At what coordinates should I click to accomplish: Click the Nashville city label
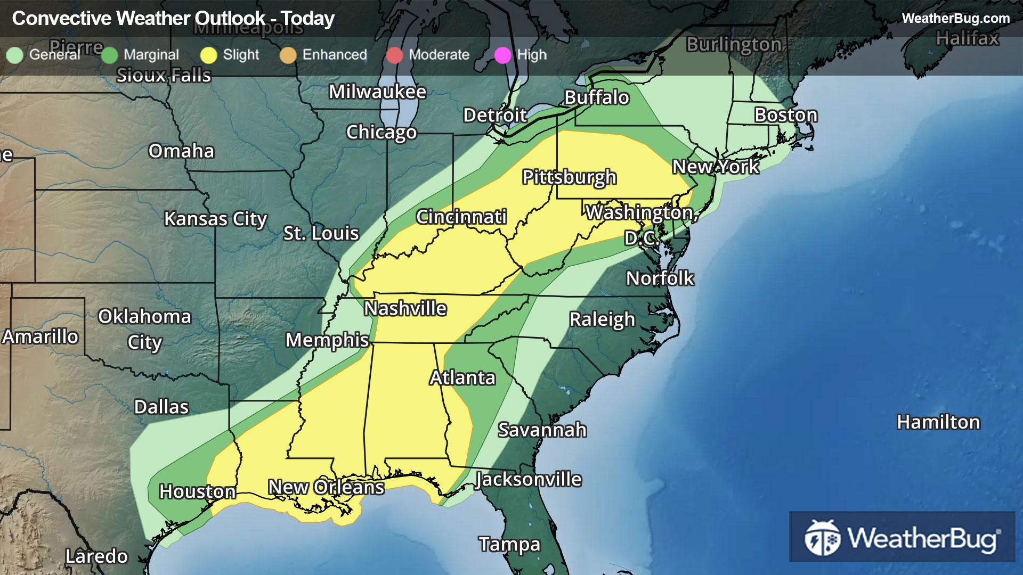pyautogui.click(x=405, y=308)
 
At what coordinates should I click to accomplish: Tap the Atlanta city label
pyautogui.click(x=462, y=377)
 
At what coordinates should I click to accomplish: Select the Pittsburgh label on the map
pyautogui.click(x=569, y=177)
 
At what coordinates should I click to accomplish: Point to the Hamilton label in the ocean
pyautogui.click(x=938, y=422)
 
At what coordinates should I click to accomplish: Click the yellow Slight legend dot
pyautogui.click(x=209, y=55)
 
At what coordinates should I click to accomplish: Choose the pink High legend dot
pyautogui.click(x=502, y=55)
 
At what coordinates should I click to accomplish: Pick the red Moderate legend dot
pyautogui.click(x=395, y=55)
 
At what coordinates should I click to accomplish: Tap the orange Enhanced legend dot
pyautogui.click(x=288, y=55)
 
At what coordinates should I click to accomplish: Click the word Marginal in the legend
pyautogui.click(x=151, y=55)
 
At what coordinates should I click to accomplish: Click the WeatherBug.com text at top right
pyautogui.click(x=955, y=18)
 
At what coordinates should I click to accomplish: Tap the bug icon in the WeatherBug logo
pyautogui.click(x=822, y=538)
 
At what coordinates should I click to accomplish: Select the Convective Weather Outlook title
pyautogui.click(x=173, y=19)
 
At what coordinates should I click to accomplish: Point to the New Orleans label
pyautogui.click(x=326, y=487)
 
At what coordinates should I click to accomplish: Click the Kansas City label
pyautogui.click(x=215, y=219)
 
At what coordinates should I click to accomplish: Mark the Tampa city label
pyautogui.click(x=509, y=544)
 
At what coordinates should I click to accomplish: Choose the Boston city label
pyautogui.click(x=786, y=115)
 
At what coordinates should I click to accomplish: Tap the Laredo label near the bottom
pyautogui.click(x=96, y=556)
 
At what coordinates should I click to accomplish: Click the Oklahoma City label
pyautogui.click(x=144, y=329)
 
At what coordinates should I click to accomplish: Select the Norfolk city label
pyautogui.click(x=660, y=278)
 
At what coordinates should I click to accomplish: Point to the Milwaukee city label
pyautogui.click(x=377, y=92)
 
